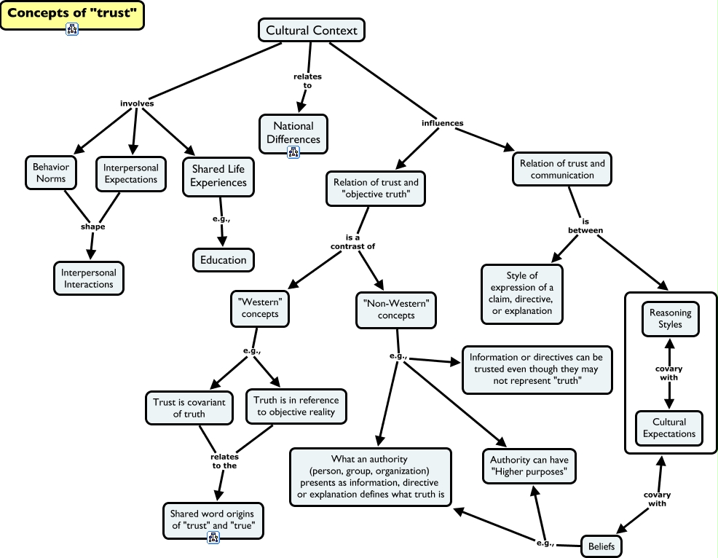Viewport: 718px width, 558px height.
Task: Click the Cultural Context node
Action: [312, 30]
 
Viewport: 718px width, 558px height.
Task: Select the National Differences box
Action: [293, 132]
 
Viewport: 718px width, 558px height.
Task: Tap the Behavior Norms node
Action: [50, 173]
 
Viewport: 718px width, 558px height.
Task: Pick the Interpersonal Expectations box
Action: [130, 173]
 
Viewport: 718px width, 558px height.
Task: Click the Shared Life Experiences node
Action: [218, 176]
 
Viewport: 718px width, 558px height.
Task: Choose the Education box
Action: [224, 259]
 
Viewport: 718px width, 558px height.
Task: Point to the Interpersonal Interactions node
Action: [88, 278]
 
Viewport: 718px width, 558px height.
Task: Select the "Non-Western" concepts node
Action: [396, 310]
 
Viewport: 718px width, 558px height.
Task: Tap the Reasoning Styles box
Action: [671, 318]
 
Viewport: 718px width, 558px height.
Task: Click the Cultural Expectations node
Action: [669, 428]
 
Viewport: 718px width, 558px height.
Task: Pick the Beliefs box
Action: [603, 544]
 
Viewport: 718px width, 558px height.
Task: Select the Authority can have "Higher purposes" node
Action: [529, 466]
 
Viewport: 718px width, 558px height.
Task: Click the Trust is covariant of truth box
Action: [189, 408]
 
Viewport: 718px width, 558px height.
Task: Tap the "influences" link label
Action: [442, 123]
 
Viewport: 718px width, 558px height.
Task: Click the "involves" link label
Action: [137, 103]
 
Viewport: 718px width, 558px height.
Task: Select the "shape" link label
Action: [92, 227]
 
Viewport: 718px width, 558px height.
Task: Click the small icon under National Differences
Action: [293, 152]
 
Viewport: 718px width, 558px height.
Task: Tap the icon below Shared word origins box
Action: [213, 538]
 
